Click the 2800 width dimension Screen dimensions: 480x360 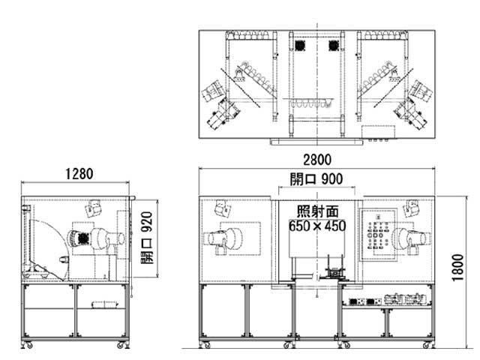[317, 160]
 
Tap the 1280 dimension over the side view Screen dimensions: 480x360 [79, 174]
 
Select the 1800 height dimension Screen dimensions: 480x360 [458, 267]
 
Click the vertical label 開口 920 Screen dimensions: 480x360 [147, 238]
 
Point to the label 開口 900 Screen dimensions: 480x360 [316, 179]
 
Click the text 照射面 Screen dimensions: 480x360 [318, 211]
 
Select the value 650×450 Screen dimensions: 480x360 [317, 226]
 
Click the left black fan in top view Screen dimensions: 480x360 [300, 46]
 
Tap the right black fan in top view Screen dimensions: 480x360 [334, 46]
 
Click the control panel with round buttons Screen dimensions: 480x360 [378, 235]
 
